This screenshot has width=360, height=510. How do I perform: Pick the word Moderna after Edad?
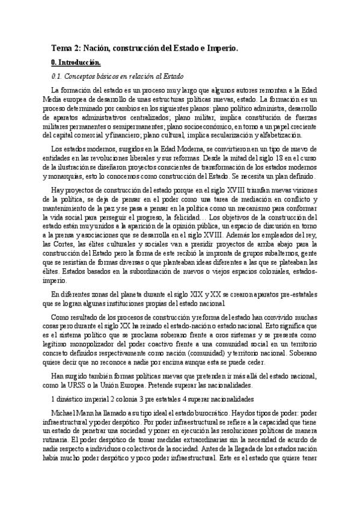(x=169, y=149)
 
